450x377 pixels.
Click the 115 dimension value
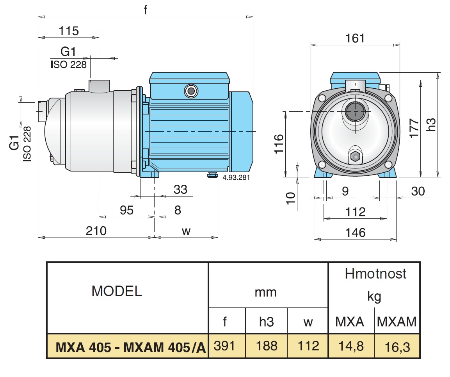[69, 31]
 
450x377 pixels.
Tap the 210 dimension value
[96, 231]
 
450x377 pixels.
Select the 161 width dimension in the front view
[355, 38]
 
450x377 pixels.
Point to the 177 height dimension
[414, 128]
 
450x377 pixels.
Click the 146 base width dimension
[355, 232]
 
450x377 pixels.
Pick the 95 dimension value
[126, 210]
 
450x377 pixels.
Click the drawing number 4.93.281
[236, 178]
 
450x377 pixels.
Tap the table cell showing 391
[224, 346]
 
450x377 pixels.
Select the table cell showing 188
[267, 346]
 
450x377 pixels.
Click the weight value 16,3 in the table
[397, 347]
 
